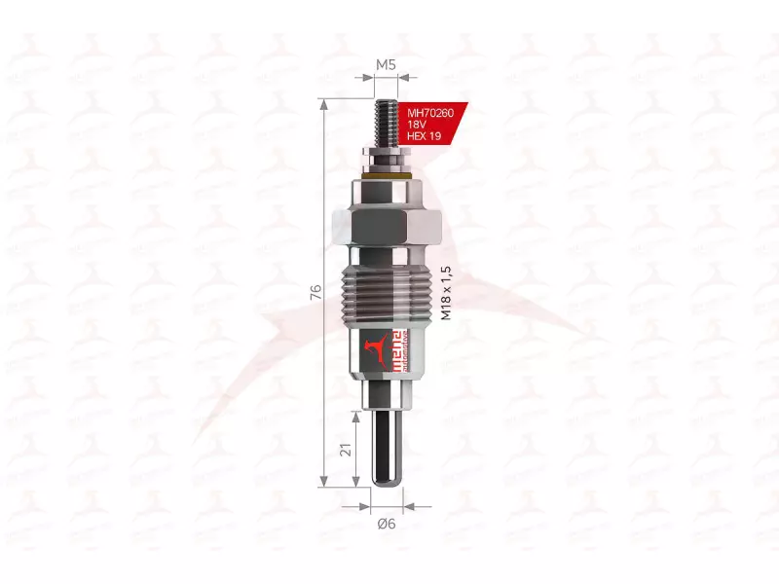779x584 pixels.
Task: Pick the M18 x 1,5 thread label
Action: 447,293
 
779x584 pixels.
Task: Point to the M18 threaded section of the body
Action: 388,292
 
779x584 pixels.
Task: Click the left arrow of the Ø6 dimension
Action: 367,506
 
